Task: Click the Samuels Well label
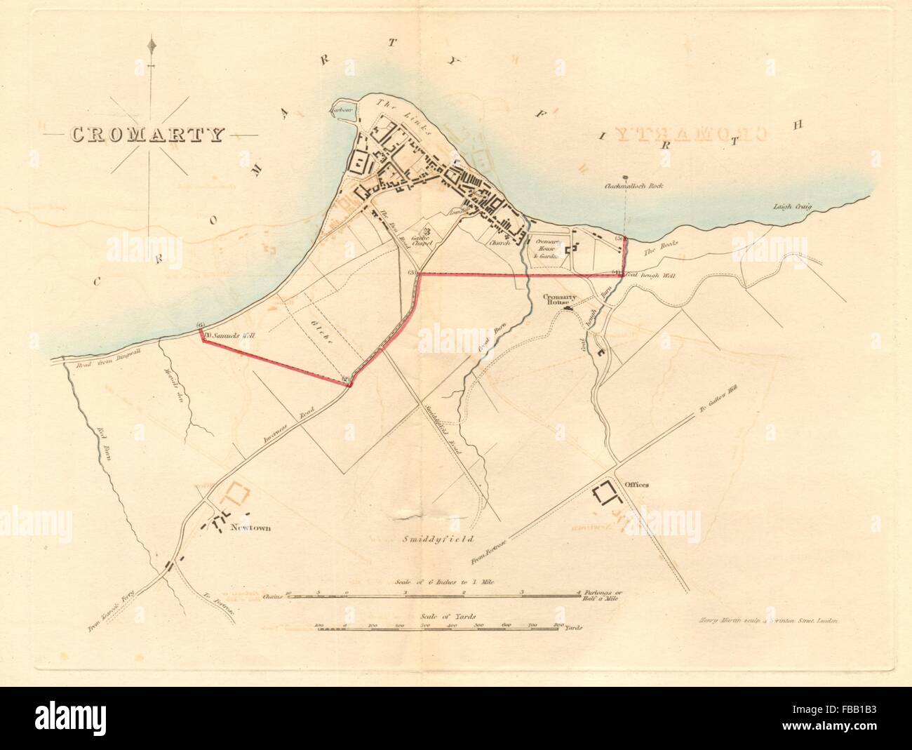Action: (231, 335)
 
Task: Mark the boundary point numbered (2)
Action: (345, 380)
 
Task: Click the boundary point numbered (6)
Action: (201, 326)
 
